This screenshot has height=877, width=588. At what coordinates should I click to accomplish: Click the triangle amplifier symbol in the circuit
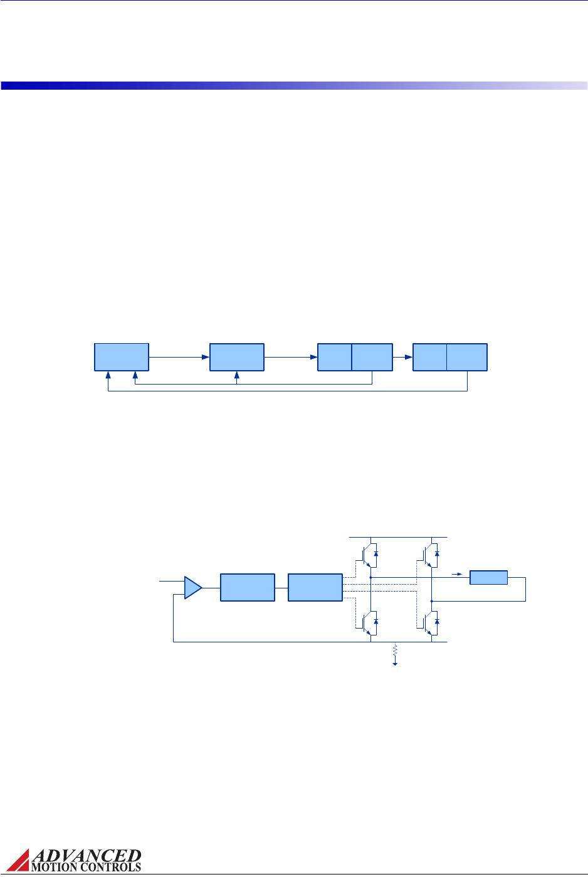click(x=192, y=588)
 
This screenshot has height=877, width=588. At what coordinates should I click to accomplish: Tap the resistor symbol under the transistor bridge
click(x=395, y=651)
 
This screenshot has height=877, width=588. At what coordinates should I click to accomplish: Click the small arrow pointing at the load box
click(x=457, y=573)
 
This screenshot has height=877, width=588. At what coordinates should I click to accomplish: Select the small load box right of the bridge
click(x=488, y=577)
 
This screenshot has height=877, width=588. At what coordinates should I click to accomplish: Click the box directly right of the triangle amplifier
click(x=248, y=587)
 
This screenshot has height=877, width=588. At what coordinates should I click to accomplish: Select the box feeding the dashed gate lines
click(x=315, y=587)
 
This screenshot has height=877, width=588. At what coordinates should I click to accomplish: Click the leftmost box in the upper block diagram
click(x=122, y=357)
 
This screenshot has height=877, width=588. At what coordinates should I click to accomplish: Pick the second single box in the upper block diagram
click(x=237, y=357)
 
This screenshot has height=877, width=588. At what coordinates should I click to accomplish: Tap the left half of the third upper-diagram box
click(x=335, y=357)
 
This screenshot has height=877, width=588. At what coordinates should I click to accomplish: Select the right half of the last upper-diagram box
click(x=466, y=357)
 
